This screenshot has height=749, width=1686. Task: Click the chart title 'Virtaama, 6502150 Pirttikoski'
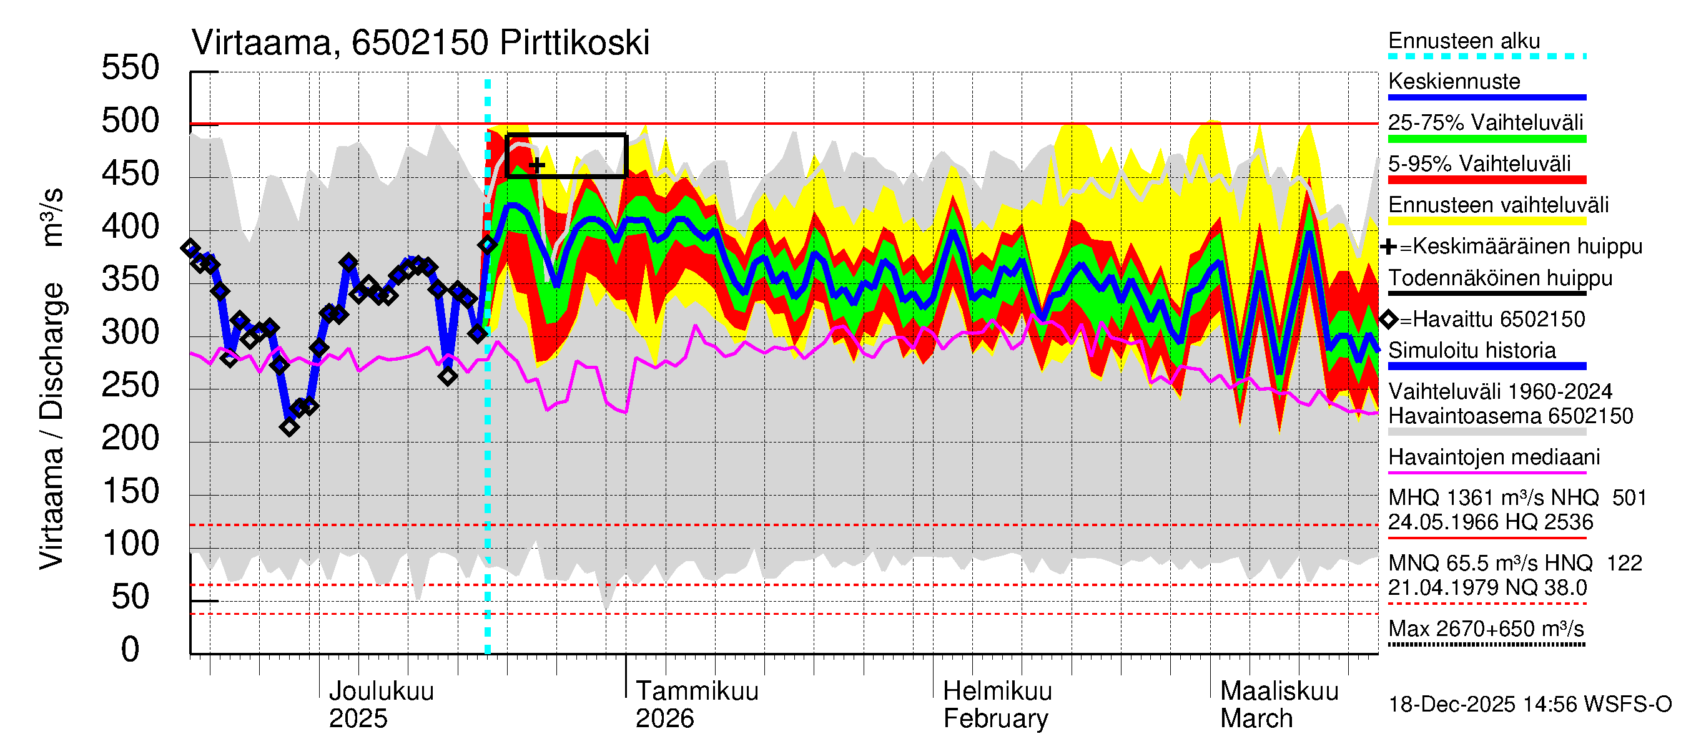(420, 43)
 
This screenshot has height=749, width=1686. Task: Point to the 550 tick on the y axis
(131, 68)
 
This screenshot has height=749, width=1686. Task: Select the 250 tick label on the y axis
(131, 385)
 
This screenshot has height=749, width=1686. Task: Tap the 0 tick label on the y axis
(131, 650)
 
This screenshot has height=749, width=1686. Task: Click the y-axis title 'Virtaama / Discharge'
(51, 425)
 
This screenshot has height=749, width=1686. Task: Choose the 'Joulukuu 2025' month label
(381, 705)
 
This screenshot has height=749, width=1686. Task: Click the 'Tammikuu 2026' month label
(696, 705)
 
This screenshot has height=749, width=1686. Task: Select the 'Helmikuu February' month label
(997, 705)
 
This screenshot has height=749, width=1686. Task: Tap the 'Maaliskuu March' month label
(1279, 705)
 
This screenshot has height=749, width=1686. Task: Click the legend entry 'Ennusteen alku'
(1464, 41)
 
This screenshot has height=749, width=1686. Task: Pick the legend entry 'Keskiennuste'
(1454, 82)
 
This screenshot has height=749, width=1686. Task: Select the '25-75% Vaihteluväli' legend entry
(1485, 123)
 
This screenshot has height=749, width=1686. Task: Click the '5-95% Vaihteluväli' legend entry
(1479, 164)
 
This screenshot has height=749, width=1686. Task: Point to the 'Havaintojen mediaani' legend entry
(1494, 458)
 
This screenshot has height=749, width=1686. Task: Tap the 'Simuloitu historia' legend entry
(1472, 351)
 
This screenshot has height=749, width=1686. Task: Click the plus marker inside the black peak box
(536, 165)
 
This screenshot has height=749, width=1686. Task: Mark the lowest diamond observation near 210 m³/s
(289, 427)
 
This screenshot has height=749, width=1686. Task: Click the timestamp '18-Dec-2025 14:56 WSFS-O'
(1529, 705)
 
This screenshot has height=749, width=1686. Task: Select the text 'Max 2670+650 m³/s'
(1486, 629)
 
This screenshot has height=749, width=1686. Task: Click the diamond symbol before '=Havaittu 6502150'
(1389, 319)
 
